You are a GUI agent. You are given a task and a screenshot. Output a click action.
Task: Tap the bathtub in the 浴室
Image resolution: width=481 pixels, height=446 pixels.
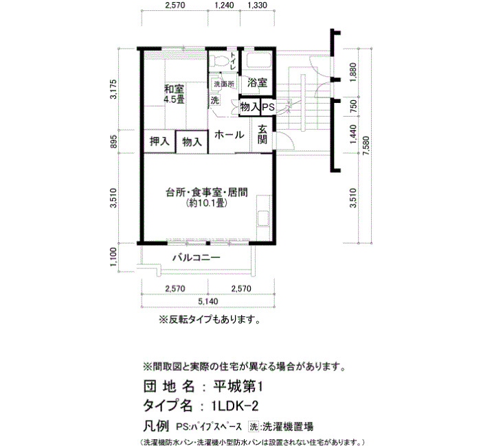258,60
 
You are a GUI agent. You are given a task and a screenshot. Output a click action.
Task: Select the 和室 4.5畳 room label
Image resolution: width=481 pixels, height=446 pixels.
174,94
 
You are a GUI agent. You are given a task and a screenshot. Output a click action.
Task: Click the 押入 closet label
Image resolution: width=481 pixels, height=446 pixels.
159,141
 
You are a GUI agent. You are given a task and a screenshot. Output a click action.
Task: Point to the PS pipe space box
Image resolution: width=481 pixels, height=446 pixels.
268,107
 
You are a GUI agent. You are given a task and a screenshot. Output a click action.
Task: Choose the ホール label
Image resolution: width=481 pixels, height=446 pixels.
229,134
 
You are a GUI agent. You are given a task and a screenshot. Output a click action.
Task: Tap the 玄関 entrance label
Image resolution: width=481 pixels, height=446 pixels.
262,134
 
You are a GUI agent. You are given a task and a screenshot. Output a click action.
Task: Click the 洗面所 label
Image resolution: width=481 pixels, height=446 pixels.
223,84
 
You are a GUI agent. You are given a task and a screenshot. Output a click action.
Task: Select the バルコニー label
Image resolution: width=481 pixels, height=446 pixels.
197,257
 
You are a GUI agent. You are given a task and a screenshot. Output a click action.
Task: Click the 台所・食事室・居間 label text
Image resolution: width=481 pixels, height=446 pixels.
206,193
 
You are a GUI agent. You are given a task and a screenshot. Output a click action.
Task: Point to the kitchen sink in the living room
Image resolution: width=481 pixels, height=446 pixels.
263,218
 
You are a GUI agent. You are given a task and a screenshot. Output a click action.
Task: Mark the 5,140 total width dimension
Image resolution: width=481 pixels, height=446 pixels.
208,301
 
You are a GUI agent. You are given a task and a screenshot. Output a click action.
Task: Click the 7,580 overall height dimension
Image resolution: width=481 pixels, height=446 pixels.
366,145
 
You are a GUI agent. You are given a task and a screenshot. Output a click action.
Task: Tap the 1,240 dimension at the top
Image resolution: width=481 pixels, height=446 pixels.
224,5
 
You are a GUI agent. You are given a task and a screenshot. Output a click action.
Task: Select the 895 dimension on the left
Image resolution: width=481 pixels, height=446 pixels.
113,141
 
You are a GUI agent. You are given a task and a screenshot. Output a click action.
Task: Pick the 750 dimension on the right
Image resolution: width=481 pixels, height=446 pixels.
353,106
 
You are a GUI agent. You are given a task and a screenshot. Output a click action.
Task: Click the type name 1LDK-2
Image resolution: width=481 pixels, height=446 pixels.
235,406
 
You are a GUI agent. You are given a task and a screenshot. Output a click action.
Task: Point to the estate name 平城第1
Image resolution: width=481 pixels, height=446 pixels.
238,387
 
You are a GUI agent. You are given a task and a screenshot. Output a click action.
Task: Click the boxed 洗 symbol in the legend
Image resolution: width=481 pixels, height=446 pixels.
254,426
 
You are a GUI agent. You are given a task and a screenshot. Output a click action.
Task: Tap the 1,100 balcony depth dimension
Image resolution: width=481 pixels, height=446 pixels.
113,257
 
